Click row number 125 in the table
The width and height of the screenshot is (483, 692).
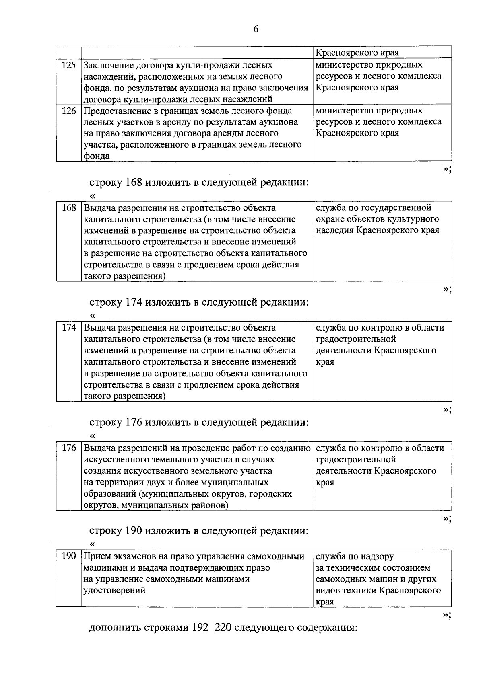pos(69,65)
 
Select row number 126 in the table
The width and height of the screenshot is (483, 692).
pos(69,111)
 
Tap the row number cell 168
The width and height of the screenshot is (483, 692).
pos(69,208)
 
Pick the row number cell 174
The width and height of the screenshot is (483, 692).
pos(69,328)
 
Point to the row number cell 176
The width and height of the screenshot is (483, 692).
pos(69,448)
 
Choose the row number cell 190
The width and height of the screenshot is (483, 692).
pos(69,556)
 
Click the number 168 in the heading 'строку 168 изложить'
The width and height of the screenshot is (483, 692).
pos(134,183)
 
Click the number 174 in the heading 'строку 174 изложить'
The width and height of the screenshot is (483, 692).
pos(134,302)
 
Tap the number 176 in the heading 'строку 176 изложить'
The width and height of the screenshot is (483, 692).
pos(134,423)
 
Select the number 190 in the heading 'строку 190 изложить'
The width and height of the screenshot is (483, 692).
pos(134,531)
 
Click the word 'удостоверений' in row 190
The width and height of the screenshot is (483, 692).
pos(114,590)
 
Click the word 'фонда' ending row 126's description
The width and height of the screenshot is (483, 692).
pos(96,156)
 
